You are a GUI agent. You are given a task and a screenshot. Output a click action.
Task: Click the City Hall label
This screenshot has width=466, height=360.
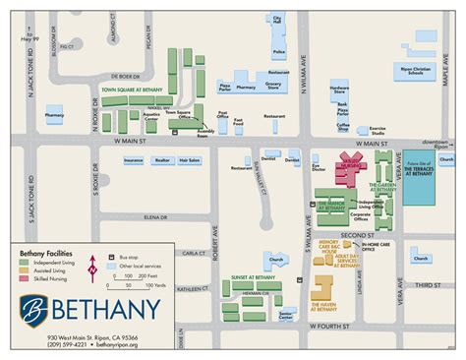[x=278, y=19]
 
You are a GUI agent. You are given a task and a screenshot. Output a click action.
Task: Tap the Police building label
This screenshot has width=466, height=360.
[x=278, y=51]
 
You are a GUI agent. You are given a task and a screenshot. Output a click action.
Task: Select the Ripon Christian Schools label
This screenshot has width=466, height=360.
[x=410, y=72]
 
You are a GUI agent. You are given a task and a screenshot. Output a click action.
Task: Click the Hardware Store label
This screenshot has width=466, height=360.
[x=340, y=89]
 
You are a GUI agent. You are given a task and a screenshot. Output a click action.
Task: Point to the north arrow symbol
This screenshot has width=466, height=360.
[x=92, y=264]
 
